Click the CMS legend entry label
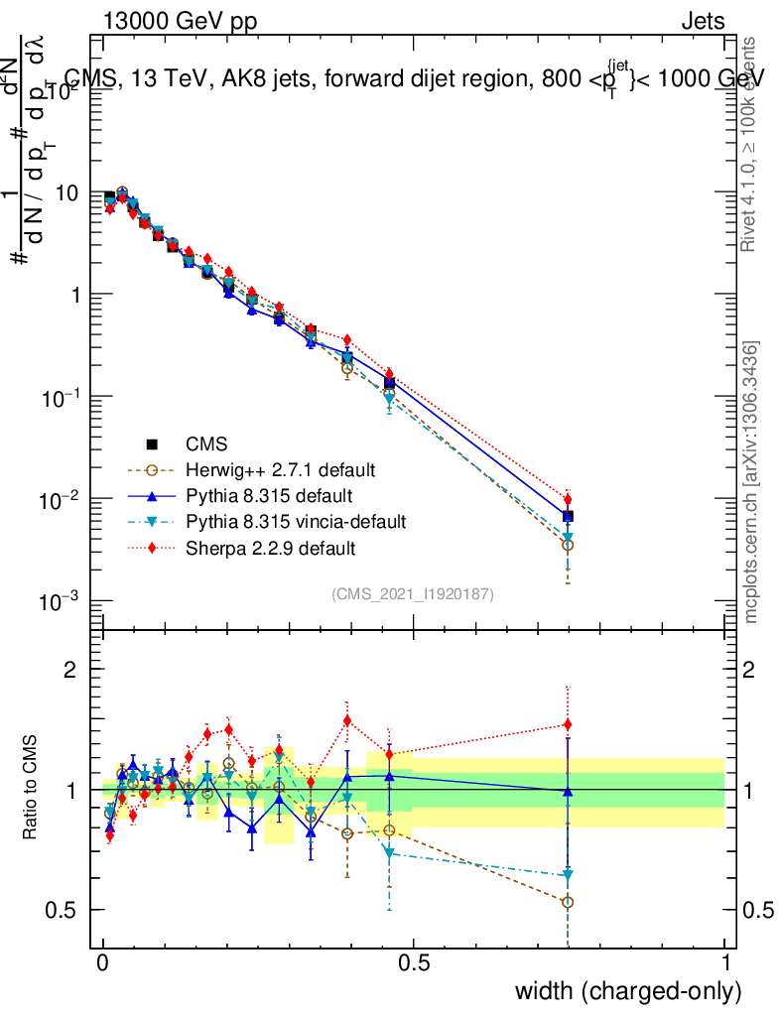(x=206, y=444)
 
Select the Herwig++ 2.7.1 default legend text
(x=280, y=469)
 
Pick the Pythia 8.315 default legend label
(x=269, y=495)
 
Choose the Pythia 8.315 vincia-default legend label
(x=296, y=521)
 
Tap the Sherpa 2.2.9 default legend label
(x=270, y=547)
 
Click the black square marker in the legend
(x=152, y=444)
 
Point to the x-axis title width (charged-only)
(x=627, y=990)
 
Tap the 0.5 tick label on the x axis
(x=414, y=963)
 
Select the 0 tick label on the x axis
(x=103, y=963)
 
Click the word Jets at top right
(x=702, y=21)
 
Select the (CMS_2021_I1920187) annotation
(x=413, y=593)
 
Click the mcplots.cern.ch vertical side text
(x=751, y=483)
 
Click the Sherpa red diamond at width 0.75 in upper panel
(x=567, y=500)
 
